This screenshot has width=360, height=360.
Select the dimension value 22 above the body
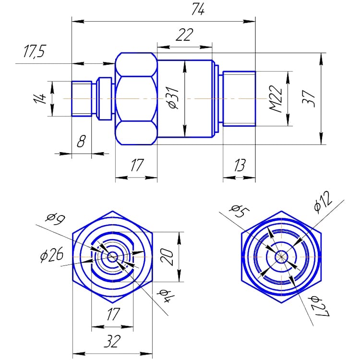pyautogui.click(x=184, y=36)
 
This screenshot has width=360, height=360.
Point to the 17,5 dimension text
pyautogui.click(x=34, y=52)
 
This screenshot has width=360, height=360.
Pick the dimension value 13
pyautogui.click(x=239, y=166)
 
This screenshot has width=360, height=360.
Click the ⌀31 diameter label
pyautogui.click(x=174, y=99)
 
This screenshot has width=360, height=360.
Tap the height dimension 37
pyautogui.click(x=311, y=98)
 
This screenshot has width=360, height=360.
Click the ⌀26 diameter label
pyautogui.click(x=51, y=255)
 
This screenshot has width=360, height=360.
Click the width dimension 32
pyautogui.click(x=112, y=341)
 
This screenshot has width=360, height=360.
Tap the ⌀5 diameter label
pyautogui.click(x=238, y=211)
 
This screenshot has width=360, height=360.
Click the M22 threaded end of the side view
pyautogui.click(x=239, y=98)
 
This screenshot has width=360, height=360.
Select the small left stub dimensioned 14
pyautogui.click(x=82, y=98)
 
